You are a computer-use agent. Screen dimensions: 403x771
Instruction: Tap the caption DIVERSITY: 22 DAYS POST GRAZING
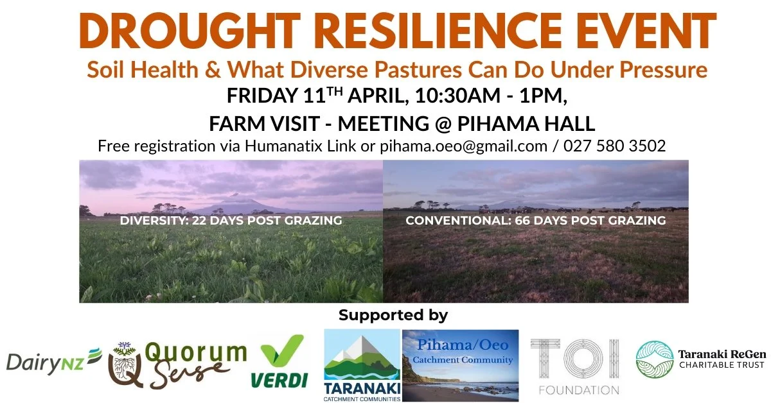(231, 221)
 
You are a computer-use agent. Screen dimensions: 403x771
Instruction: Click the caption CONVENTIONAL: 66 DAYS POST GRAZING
(535, 221)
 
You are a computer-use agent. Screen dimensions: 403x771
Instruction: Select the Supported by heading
(393, 315)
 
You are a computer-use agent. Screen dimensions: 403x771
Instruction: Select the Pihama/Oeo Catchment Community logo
(460, 364)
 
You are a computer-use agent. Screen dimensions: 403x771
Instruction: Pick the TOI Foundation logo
(576, 366)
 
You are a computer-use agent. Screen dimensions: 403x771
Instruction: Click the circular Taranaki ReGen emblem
(654, 359)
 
